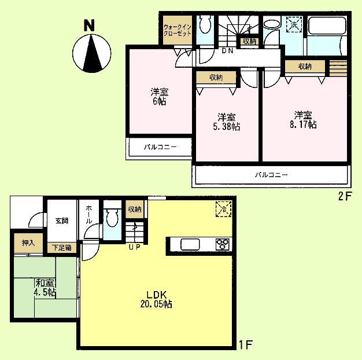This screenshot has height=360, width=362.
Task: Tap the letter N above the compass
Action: [x=88, y=25]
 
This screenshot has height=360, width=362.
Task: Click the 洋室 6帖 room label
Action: [x=160, y=96]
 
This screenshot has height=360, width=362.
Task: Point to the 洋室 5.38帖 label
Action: [x=226, y=120]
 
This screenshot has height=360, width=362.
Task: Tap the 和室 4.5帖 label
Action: [x=45, y=288]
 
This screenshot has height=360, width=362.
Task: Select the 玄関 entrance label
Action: [x=62, y=220]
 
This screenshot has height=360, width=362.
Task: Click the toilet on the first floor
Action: [x=112, y=219]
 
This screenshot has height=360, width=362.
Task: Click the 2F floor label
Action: [x=345, y=195]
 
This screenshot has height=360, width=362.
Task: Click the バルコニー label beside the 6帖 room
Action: [x=160, y=147]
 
